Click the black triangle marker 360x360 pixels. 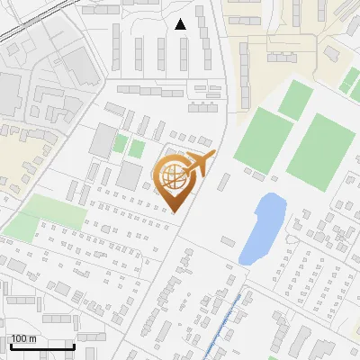click(x=181, y=24)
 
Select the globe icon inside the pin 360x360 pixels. click(x=173, y=175)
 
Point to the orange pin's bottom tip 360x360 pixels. click(x=175, y=212)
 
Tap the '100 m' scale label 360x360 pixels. click(x=23, y=338)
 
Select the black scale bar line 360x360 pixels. click(x=42, y=346)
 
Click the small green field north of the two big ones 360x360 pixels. click(x=295, y=99)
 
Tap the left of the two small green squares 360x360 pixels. click(x=120, y=144)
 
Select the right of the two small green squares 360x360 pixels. click(x=137, y=148)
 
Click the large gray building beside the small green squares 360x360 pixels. click(x=103, y=139)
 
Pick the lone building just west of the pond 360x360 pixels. click(x=228, y=241)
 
